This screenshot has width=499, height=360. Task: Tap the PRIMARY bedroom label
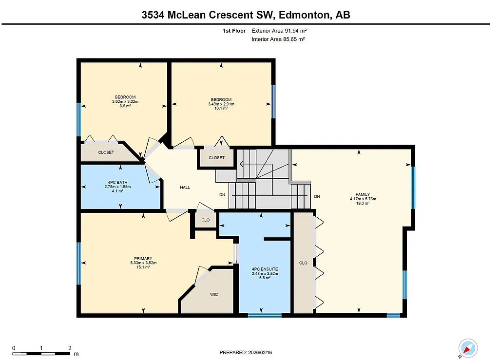point(143,258)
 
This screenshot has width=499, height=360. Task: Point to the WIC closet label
point(214,295)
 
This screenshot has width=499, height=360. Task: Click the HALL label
point(185,187)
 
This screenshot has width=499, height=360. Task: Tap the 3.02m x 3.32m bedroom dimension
point(125,101)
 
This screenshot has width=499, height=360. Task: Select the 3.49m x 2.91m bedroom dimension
point(221,104)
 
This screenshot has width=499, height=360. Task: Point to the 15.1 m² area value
point(143,267)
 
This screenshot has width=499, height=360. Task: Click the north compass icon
point(467,348)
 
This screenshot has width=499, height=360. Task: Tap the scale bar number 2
point(70,348)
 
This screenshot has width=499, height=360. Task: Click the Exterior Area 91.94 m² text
point(279,30)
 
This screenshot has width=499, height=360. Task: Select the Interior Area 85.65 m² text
point(278,39)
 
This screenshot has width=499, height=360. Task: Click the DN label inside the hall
point(222,195)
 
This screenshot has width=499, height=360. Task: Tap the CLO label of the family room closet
point(303,263)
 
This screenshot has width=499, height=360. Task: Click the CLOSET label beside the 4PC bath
point(106,152)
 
